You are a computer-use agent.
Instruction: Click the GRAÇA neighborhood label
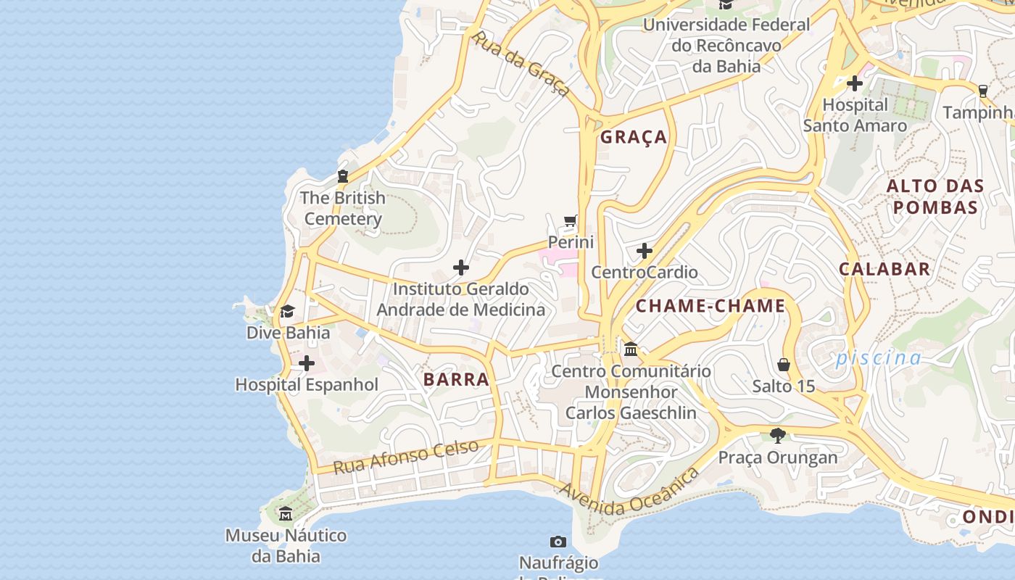(633, 137)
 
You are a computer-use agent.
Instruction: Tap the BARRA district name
(456, 379)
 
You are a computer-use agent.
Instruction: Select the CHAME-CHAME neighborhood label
(710, 306)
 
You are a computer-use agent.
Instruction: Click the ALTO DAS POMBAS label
(935, 196)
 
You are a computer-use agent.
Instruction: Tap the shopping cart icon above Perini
(571, 220)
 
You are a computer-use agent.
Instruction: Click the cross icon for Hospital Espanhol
(307, 362)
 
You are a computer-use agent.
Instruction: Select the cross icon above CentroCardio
(644, 251)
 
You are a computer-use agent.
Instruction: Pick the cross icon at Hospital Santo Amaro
(855, 83)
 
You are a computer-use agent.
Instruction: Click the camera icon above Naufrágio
(558, 542)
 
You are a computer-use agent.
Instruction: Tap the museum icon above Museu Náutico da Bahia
(286, 514)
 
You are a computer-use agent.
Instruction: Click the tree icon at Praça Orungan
(778, 436)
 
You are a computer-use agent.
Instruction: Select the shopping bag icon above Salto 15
(783, 364)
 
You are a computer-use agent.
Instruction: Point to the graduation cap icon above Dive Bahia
(288, 312)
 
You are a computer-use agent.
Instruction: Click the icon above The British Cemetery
(342, 175)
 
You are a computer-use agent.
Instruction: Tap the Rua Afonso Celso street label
(406, 457)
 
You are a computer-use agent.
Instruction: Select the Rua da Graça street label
(521, 62)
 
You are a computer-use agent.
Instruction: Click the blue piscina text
(878, 357)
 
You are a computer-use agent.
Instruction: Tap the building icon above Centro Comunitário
(631, 349)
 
